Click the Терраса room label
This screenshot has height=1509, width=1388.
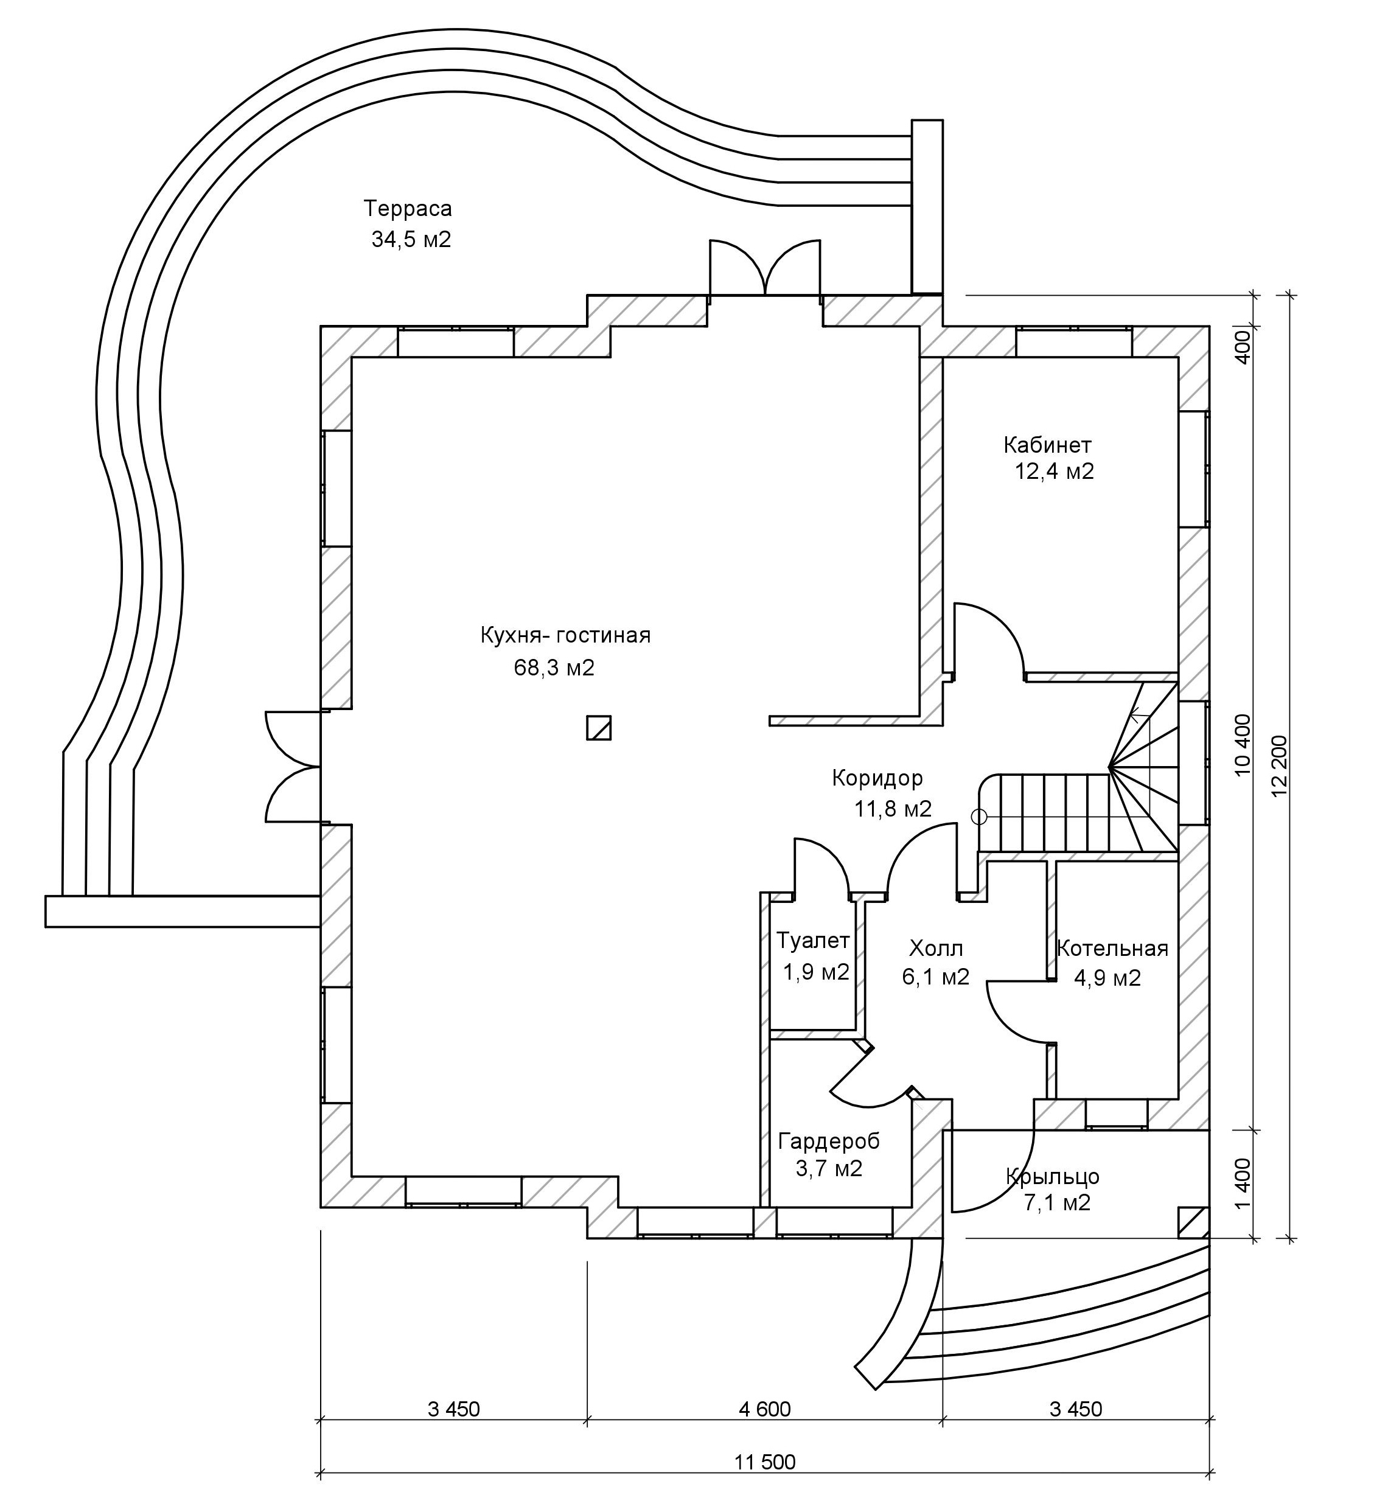click(408, 208)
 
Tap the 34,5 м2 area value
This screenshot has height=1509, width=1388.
click(411, 240)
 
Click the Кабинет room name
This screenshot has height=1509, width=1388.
click(1048, 445)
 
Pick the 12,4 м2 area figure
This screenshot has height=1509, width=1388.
click(1055, 472)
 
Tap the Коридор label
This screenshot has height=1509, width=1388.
click(877, 778)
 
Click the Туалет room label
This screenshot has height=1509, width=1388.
click(814, 941)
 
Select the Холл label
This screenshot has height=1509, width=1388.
click(936, 948)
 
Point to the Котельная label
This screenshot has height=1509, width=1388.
click(1112, 949)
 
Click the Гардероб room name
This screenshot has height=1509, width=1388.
click(829, 1141)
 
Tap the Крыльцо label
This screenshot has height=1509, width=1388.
click(1053, 1176)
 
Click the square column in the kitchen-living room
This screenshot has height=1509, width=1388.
click(599, 728)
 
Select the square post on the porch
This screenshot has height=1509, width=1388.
click(1192, 1222)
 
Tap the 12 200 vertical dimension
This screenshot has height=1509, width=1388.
click(1280, 765)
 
